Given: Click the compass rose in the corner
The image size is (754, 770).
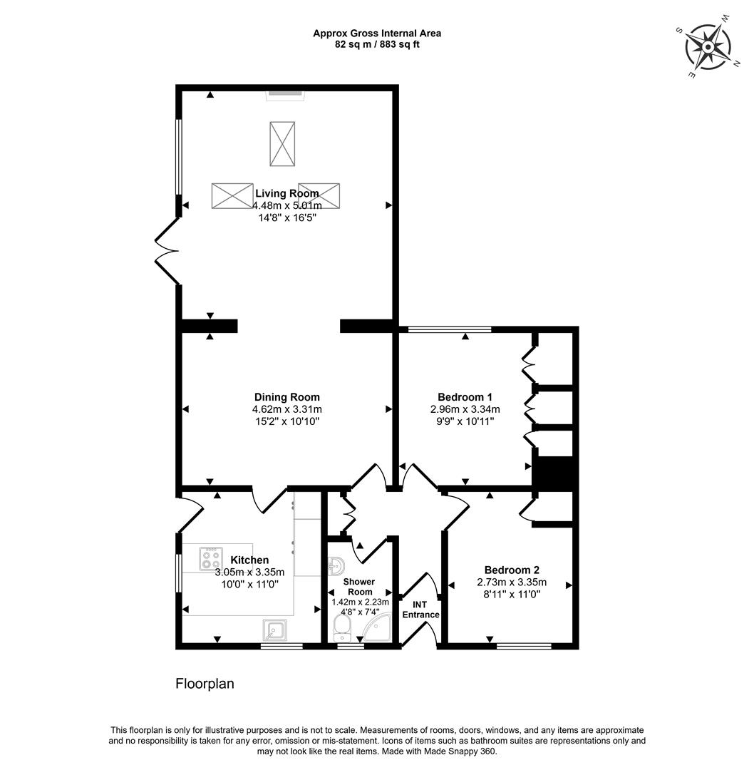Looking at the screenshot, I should pos(708,47).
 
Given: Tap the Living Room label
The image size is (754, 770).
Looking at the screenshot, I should pos(286,193).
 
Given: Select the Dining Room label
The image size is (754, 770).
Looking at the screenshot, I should pos(287,397).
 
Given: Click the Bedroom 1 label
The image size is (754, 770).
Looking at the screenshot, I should pos(465,397).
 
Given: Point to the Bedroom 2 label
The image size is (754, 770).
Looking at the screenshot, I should pos(511,570).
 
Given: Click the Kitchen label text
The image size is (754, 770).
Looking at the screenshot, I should pos(249,560).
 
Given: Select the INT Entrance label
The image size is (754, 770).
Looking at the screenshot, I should pos(420,610).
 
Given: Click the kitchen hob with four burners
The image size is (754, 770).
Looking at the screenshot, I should pos(212,555).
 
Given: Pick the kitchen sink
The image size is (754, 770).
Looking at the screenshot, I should pos(275,630).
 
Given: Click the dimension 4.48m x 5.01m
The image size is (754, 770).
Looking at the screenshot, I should pos(286,205).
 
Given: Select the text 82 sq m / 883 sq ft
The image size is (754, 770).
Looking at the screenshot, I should pos(378,44).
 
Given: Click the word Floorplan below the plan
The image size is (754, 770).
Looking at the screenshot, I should pos(205,684).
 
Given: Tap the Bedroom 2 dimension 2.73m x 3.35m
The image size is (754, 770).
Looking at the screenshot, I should pos(511,582).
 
